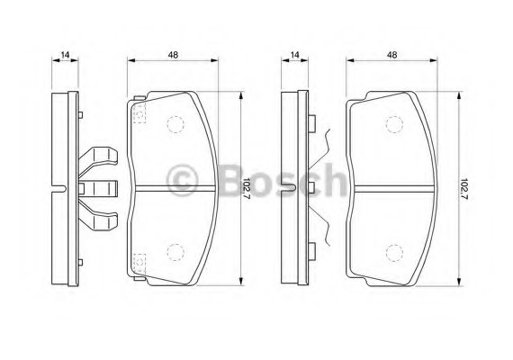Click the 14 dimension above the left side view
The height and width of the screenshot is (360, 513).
65,56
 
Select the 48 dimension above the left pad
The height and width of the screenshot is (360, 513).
172,56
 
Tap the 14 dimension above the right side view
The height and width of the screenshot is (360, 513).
294,56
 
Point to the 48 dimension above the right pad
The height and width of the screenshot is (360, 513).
391,56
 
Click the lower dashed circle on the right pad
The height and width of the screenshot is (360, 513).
393,253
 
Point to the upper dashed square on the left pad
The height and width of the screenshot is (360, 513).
139,114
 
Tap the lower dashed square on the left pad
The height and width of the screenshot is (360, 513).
139,262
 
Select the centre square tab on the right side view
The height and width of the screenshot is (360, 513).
310,187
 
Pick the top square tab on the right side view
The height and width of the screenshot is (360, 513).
310,120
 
